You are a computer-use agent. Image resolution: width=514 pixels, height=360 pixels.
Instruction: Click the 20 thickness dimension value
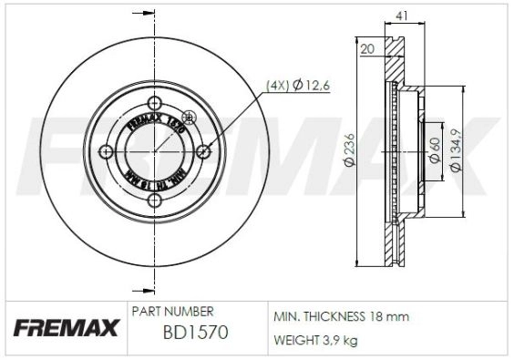tap(368, 49)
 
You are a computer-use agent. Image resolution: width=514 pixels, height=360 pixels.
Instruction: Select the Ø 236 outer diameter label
tap(349, 150)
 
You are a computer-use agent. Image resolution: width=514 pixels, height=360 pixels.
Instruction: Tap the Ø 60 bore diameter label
tap(436, 149)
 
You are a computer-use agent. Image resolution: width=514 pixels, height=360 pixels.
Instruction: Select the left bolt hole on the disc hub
tap(107, 150)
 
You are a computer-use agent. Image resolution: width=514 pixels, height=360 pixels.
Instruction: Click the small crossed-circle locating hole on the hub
tap(190, 117)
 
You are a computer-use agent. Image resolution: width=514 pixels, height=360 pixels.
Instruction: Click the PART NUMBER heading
tap(173, 312)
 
